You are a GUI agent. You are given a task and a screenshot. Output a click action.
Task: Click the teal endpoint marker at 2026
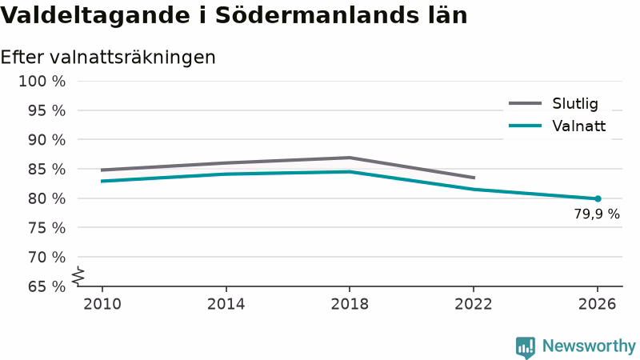point(598,198)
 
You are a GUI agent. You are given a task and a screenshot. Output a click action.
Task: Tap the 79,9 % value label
point(597,214)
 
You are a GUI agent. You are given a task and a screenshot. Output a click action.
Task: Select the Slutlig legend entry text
point(575,104)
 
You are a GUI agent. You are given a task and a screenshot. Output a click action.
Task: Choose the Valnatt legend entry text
point(578,126)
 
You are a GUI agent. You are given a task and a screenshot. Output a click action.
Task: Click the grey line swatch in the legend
point(525,103)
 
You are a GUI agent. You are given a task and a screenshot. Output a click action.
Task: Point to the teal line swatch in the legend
point(525,126)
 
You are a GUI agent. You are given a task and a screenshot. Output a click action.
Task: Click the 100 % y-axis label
point(42,82)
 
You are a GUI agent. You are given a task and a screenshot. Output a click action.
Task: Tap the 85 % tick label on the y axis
point(46,169)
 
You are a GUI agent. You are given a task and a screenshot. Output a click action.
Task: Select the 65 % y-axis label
point(46,286)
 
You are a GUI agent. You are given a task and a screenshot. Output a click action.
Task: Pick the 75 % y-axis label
point(46,228)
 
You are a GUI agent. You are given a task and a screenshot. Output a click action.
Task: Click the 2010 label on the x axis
point(102,304)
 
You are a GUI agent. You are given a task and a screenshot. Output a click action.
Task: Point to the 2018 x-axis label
point(350,304)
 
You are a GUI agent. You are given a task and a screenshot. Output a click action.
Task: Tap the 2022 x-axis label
point(474,304)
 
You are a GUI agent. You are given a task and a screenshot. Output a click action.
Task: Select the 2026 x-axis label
point(597,304)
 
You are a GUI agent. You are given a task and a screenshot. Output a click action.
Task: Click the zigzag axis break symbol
point(78,276)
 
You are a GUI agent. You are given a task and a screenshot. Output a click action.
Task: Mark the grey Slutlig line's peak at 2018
point(350,158)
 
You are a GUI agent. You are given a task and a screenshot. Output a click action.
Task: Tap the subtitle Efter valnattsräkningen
point(108,57)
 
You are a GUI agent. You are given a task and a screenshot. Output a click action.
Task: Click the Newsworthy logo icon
point(526,347)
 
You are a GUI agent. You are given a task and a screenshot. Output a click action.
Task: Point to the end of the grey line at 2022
point(474,178)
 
